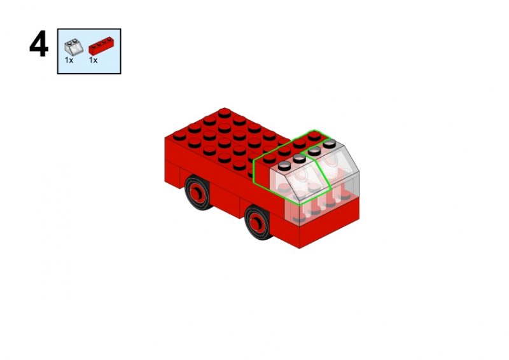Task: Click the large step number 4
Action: [x=39, y=44]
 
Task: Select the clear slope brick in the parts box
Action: [x=74, y=48]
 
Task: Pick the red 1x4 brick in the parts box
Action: [x=101, y=46]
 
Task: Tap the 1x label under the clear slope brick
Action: [x=69, y=60]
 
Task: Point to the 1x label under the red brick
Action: [x=93, y=60]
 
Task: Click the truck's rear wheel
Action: [x=197, y=193]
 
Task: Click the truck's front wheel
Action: [x=258, y=223]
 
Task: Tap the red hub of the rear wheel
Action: [x=196, y=194]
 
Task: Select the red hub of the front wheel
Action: [x=256, y=224]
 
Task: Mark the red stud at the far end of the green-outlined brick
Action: [x=314, y=135]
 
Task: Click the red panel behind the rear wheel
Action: [x=172, y=176]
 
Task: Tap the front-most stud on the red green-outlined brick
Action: [x=269, y=158]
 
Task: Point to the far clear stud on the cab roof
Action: [x=329, y=143]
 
